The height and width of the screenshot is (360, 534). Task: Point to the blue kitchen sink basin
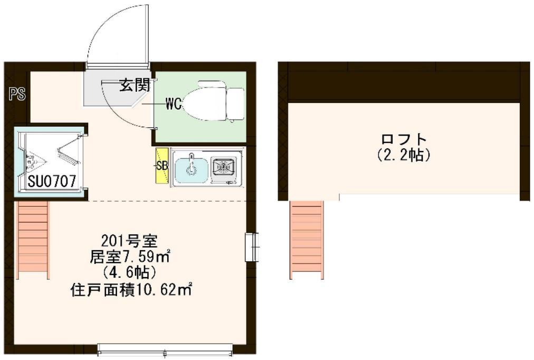pyautogui.click(x=191, y=167)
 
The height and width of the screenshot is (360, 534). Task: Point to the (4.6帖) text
pyautogui.click(x=130, y=273)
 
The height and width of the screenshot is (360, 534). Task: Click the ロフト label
pyautogui.click(x=404, y=140)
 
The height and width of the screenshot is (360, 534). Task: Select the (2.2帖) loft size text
pyautogui.click(x=404, y=156)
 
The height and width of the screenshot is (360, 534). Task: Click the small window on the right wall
pyautogui.click(x=253, y=247)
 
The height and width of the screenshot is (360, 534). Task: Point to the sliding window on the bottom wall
pyautogui.click(x=165, y=349)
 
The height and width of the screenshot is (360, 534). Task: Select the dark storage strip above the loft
pyautogui.click(x=404, y=84)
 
